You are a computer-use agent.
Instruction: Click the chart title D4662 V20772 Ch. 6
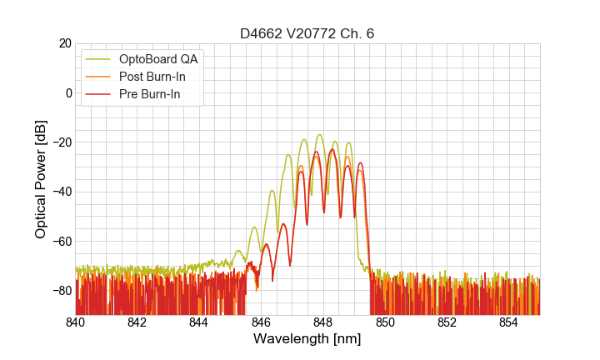point(307,33)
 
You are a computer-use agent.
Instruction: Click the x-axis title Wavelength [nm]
point(307,339)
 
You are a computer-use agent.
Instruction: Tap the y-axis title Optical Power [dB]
point(41,179)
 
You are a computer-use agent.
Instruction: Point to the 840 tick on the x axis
point(76,322)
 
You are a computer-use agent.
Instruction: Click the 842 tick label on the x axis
point(137,322)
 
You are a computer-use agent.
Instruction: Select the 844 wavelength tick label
point(199,322)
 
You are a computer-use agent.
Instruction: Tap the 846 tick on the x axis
point(262,322)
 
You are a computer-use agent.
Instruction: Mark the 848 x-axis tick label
point(323,322)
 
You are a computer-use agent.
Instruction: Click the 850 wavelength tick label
point(385,322)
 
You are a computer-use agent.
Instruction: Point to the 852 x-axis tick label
point(447,322)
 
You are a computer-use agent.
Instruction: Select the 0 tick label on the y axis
point(68,92)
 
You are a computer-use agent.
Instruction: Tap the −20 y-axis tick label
point(62,142)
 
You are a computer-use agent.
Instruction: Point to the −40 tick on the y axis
point(62,192)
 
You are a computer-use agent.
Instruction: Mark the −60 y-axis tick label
point(62,241)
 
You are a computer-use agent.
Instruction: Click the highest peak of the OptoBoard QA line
point(319,135)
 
